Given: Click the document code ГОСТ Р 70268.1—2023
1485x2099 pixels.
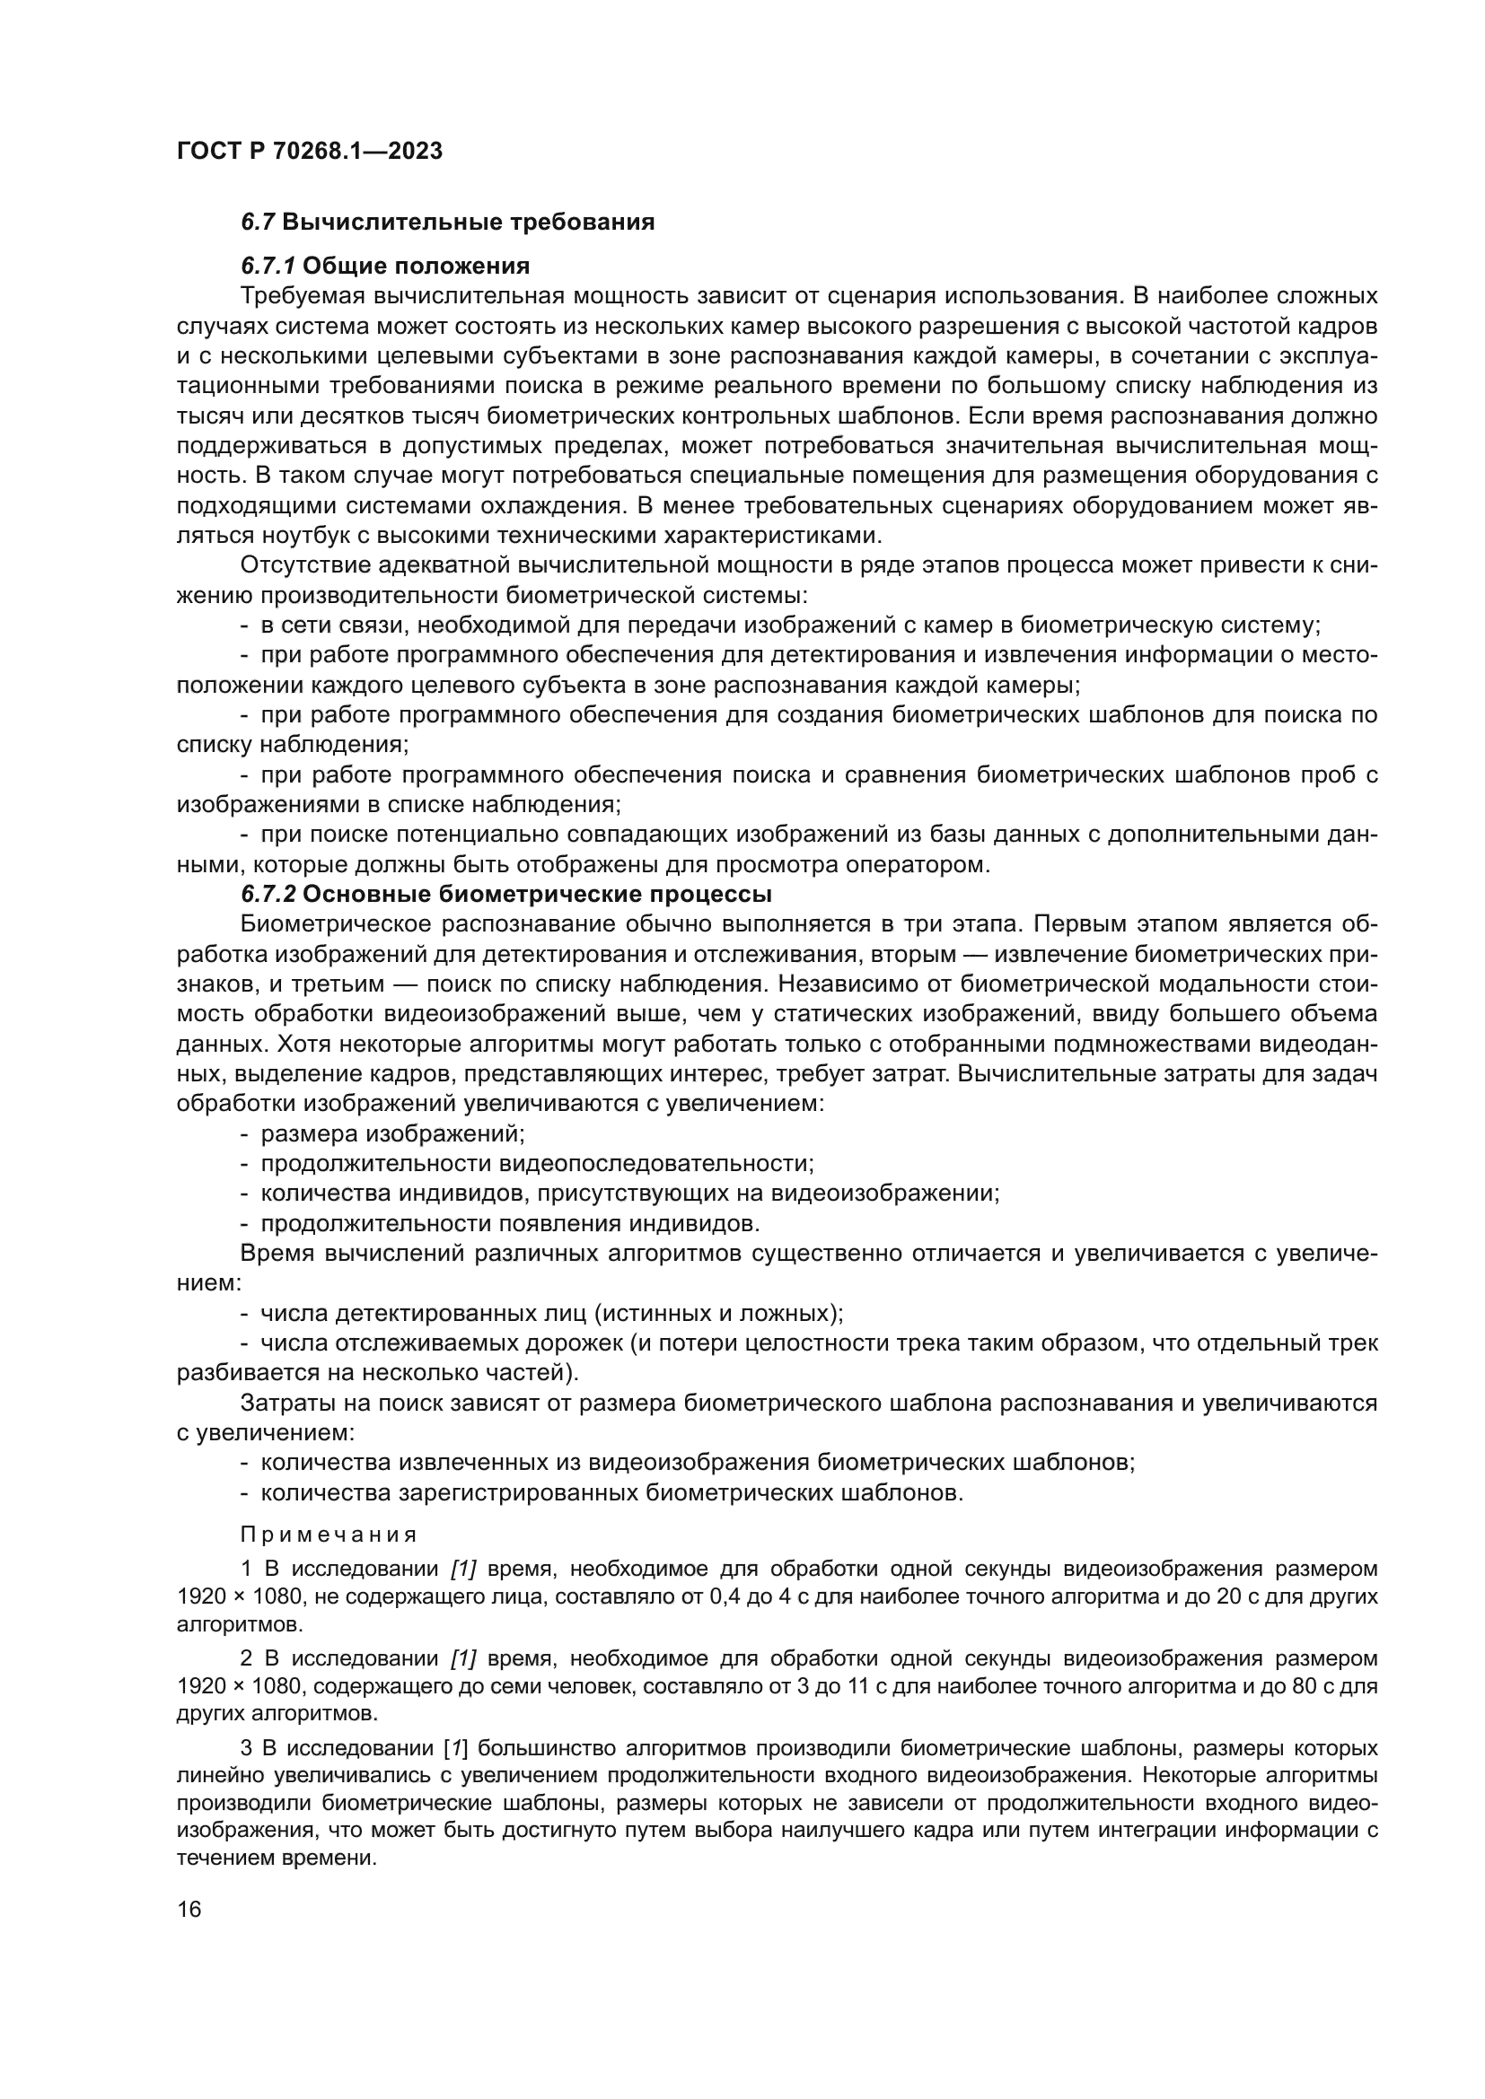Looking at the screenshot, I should coord(309,151).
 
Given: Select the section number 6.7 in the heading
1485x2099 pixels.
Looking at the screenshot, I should coord(258,223).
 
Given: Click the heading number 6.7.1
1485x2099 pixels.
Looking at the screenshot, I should coord(268,266).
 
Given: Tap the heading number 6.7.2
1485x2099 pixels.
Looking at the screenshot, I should coord(268,893).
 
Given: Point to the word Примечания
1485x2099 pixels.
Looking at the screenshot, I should coord(330,1535).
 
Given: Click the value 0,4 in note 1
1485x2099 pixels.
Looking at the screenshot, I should coord(724,1597).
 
